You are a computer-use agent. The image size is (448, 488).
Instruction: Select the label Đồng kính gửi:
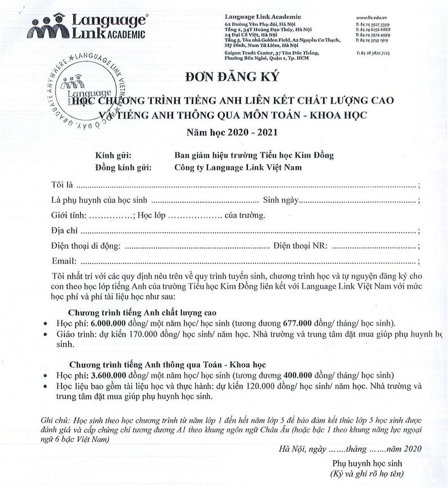(123, 167)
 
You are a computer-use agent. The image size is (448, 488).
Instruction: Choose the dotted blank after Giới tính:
(111, 216)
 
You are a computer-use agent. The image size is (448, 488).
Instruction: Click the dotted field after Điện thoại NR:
(374, 247)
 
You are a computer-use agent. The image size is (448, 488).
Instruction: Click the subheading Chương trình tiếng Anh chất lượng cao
(142, 313)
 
